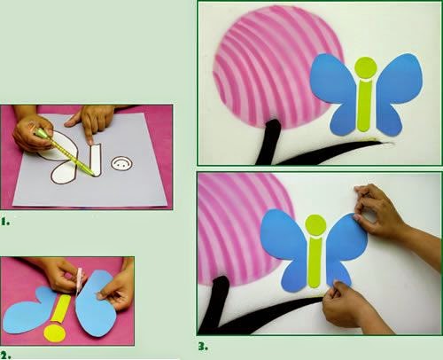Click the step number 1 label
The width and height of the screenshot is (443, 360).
(x=5, y=222)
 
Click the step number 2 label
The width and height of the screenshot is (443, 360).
(x=5, y=355)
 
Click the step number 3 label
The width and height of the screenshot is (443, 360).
(x=203, y=347)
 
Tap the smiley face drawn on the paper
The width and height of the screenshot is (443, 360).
(x=121, y=164)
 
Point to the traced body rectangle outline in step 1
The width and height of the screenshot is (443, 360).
(x=95, y=160)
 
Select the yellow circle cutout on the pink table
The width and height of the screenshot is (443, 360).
(x=55, y=333)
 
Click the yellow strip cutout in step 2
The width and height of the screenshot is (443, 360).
(x=63, y=309)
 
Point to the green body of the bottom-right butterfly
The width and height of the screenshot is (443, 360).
(x=315, y=263)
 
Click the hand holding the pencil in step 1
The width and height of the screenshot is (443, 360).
(x=33, y=133)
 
